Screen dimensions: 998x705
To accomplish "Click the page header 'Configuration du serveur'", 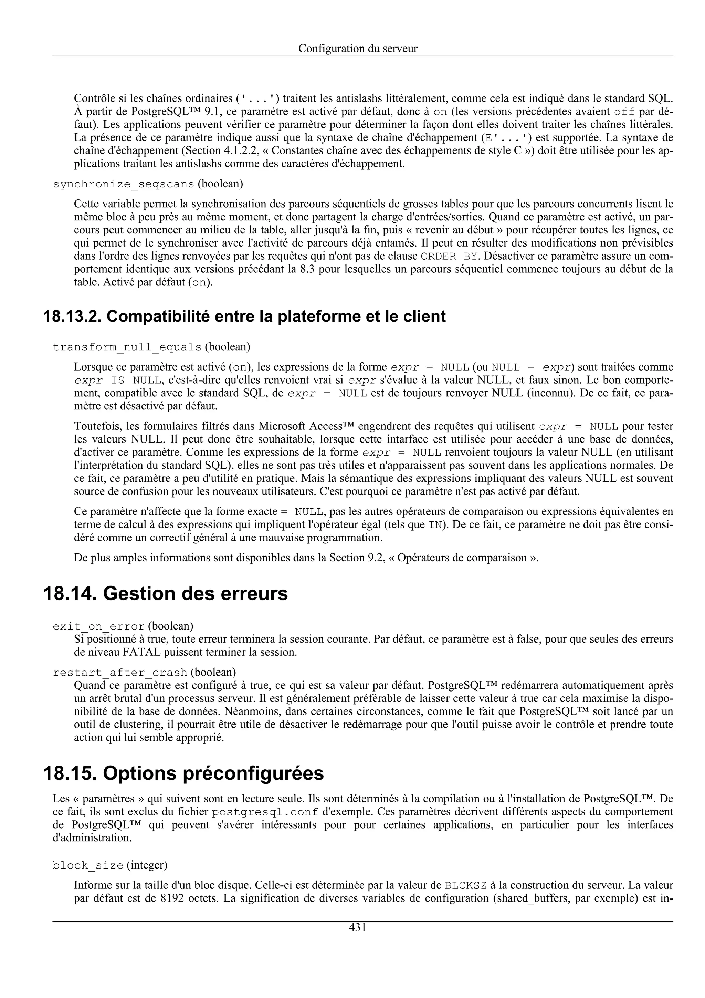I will tap(358, 49).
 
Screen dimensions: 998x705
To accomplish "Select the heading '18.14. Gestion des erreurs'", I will tap(166, 593).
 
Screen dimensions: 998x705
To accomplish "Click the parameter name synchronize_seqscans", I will tap(123, 184).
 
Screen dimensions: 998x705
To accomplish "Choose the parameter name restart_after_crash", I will tap(120, 673).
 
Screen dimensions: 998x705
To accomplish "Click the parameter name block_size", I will tap(88, 865).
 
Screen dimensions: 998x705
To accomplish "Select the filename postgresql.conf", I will tap(265, 812).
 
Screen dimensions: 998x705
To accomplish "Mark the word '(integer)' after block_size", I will tap(147, 865).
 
